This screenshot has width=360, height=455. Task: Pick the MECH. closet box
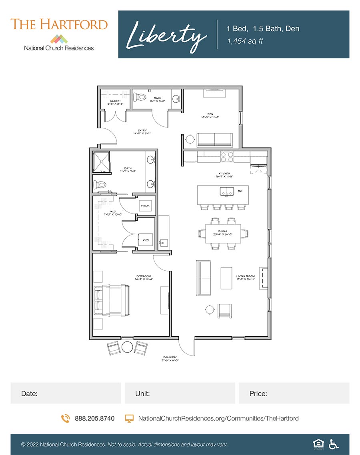[144, 206]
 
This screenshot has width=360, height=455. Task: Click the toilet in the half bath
[140, 97]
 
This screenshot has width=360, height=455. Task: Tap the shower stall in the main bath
[102, 162]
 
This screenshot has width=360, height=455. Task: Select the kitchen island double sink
[227, 192]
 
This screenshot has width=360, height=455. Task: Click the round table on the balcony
[127, 347]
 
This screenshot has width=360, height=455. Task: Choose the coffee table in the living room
[226, 278]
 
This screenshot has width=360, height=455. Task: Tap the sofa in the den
[215, 140]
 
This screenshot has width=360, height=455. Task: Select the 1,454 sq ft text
[245, 41]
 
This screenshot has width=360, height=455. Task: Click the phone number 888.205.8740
[94, 418]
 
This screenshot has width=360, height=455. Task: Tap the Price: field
[294, 393]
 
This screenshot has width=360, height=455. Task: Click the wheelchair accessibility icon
[334, 444]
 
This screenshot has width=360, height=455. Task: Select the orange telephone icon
[65, 418]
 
